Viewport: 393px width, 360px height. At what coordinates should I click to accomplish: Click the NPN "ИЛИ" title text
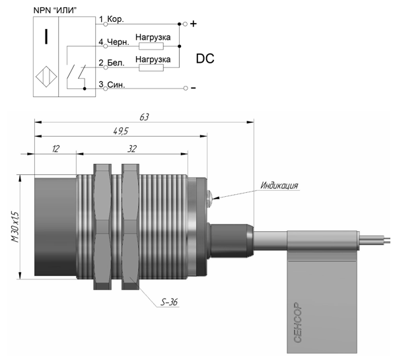[x=55, y=10]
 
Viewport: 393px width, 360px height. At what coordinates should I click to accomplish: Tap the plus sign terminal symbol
[x=194, y=24]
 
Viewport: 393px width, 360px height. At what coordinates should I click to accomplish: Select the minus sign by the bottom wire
[x=194, y=88]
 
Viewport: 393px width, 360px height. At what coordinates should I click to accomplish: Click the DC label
[x=205, y=58]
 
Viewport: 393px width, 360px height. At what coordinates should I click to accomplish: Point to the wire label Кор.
[x=116, y=19]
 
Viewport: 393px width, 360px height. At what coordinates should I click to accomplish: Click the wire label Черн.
[x=118, y=42]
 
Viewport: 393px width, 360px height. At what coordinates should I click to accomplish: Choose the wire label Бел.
[x=116, y=63]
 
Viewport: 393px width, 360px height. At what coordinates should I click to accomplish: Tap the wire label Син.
[x=116, y=85]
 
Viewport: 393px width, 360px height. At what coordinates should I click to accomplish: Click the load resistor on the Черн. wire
[x=151, y=46]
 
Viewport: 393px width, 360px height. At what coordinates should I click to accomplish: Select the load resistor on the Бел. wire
[x=151, y=67]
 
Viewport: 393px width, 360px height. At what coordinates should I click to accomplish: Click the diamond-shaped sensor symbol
[x=46, y=77]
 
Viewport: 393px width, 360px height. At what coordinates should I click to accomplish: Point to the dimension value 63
[x=144, y=117]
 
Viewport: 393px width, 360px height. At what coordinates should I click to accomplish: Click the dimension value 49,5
[x=121, y=131]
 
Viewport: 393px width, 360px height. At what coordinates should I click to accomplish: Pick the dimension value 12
[x=55, y=149]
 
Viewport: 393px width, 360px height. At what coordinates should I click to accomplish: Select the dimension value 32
[x=132, y=149]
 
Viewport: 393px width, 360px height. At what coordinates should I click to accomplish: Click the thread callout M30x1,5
[x=15, y=227]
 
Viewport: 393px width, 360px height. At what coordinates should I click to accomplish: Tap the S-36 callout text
[x=169, y=302]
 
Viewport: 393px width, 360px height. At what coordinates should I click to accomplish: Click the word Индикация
[x=279, y=186]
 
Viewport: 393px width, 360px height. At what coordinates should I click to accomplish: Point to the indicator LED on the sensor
[x=209, y=196]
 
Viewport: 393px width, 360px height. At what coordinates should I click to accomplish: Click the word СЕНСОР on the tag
[x=297, y=322]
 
